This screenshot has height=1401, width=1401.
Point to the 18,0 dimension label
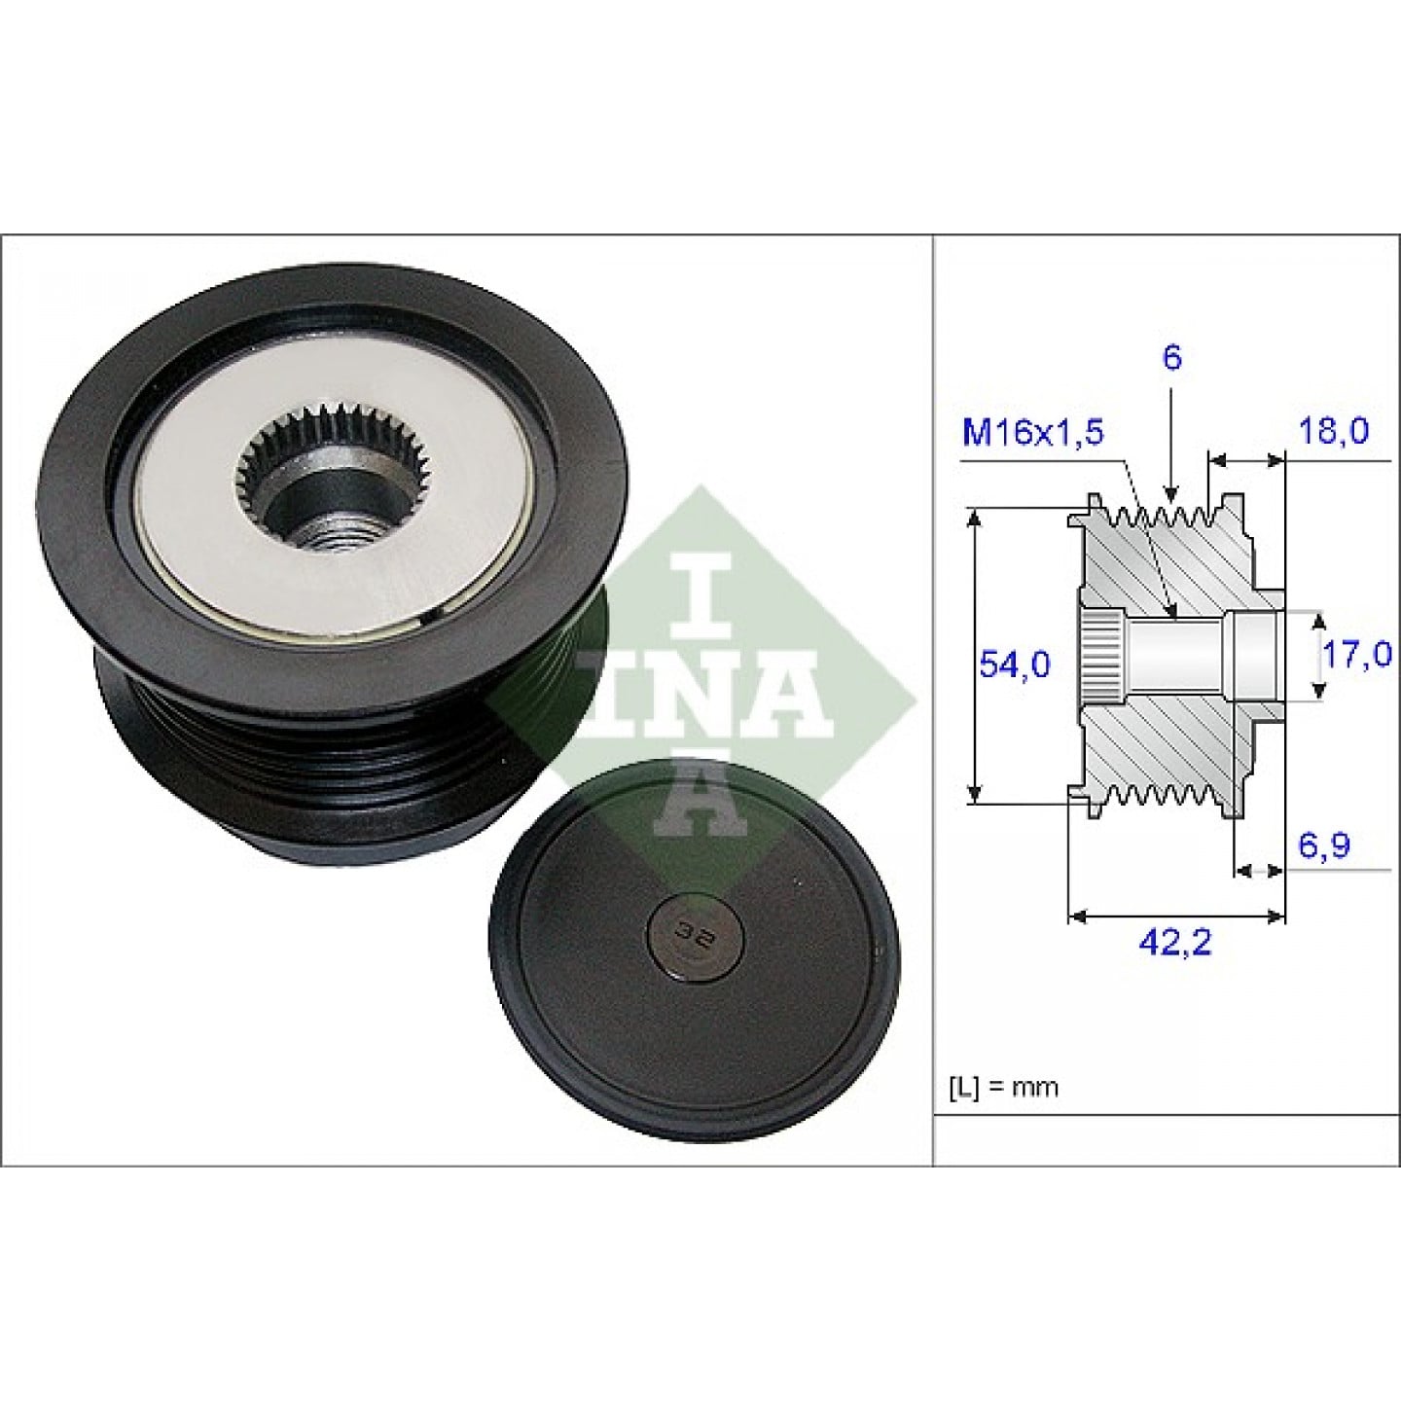[1334, 431]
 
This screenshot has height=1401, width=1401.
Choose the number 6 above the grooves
[1172, 358]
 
